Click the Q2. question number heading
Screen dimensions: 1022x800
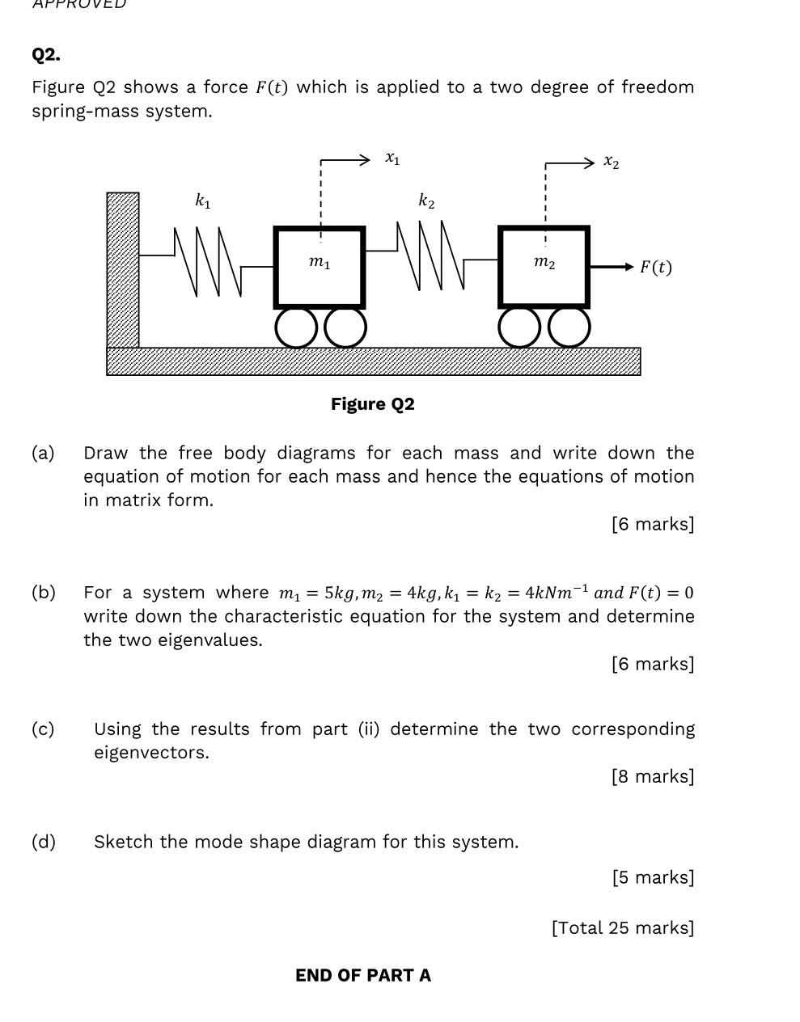click(x=46, y=55)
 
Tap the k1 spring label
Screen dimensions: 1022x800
click(x=203, y=201)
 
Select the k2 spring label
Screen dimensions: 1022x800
click(x=426, y=201)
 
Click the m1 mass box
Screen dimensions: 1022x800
click(x=320, y=267)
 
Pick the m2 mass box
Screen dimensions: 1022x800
click(x=544, y=267)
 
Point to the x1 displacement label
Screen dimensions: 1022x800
click(x=392, y=158)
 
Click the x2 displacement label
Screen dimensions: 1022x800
click(x=612, y=163)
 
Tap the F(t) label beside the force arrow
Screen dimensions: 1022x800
click(x=655, y=267)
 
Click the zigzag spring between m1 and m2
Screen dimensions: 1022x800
click(x=431, y=255)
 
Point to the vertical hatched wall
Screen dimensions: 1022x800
click(x=123, y=270)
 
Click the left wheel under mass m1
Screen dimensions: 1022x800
click(x=297, y=328)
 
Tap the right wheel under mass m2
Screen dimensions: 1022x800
click(x=570, y=328)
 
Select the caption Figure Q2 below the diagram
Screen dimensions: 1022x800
click(x=372, y=404)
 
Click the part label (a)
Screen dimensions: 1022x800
click(x=43, y=453)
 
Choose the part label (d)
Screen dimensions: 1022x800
click(x=44, y=842)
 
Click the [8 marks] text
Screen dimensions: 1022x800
click(x=653, y=776)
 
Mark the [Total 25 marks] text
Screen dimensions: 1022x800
click(x=623, y=927)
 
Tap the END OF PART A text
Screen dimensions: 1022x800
click(x=363, y=975)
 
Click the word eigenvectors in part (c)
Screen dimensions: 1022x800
click(x=150, y=753)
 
